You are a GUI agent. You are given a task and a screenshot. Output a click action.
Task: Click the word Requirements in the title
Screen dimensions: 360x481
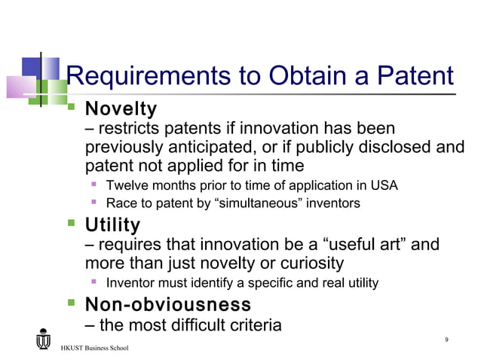pyautogui.click(x=148, y=76)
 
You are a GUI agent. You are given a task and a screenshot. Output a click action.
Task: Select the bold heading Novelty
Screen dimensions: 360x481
pyautogui.click(x=121, y=110)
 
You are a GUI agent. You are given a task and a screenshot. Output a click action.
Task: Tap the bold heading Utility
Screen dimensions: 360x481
pyautogui.click(x=112, y=225)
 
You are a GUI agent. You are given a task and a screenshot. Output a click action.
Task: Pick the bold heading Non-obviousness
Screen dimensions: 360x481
pyautogui.click(x=167, y=305)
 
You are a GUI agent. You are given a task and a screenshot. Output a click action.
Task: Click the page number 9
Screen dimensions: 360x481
pyautogui.click(x=447, y=340)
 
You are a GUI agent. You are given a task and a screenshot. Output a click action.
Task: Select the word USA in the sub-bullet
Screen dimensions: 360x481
pyautogui.click(x=384, y=185)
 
